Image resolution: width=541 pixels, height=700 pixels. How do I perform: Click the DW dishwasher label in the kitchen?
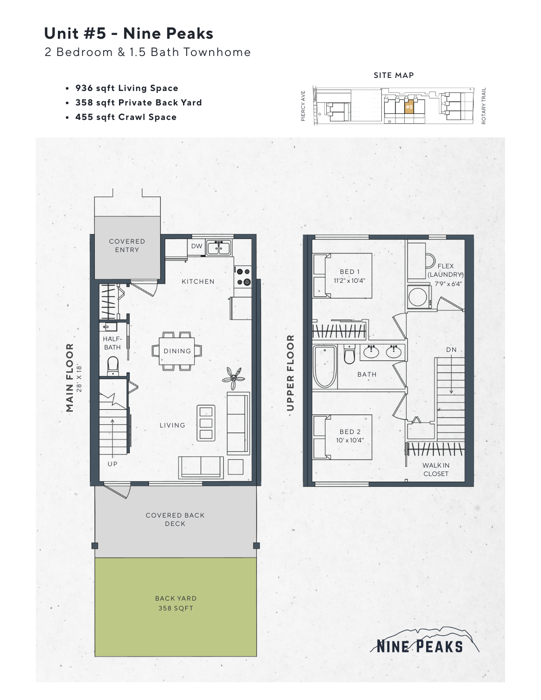point(197,246)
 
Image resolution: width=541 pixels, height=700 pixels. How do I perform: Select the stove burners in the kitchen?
point(243,277)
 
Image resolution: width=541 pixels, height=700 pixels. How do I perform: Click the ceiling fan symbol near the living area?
point(233,377)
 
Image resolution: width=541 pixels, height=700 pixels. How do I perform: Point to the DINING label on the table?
point(177,351)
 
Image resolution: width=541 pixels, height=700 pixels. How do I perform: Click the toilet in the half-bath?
point(113,366)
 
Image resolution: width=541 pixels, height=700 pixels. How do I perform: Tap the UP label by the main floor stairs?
point(112,464)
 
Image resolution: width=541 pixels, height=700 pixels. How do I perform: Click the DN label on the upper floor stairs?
point(451,350)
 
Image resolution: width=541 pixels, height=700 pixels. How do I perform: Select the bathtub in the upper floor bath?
point(325,367)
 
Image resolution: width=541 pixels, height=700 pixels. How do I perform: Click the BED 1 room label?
point(350,272)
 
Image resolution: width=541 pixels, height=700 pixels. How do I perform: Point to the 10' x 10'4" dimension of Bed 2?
point(350,440)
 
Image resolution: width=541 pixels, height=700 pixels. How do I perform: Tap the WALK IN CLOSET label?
point(436,469)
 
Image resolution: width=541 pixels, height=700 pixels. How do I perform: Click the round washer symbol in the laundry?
point(418,296)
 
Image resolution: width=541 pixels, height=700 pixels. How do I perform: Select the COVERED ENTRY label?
point(127,245)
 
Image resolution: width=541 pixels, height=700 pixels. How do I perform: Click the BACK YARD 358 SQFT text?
point(176,603)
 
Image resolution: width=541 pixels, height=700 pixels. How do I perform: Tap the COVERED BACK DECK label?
point(175,519)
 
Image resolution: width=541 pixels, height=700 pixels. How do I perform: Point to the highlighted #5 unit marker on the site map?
point(409,107)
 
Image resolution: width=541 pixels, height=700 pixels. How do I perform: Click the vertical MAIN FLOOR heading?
point(70,378)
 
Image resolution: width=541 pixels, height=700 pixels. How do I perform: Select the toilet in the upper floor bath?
point(350,354)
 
